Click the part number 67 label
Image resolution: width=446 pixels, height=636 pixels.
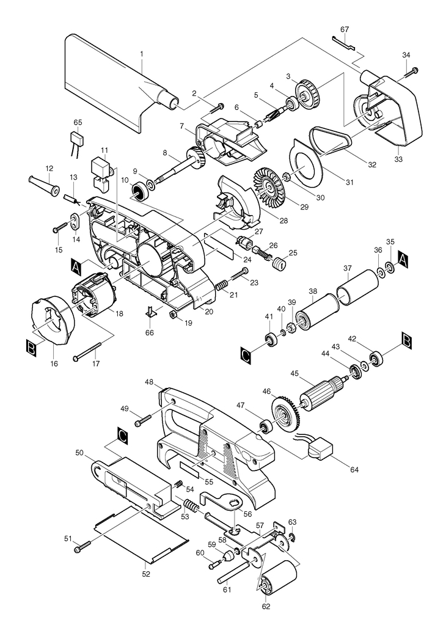tap(345, 29)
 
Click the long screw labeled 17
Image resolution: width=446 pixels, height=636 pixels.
tap(87, 352)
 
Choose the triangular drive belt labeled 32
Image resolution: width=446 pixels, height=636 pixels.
tap(330, 141)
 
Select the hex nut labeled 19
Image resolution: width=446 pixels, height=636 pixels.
tap(172, 313)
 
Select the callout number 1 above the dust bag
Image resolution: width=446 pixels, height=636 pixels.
tap(142, 53)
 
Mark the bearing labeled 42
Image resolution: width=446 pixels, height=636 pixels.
tap(377, 359)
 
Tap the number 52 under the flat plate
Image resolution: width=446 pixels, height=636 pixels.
tap(147, 574)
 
